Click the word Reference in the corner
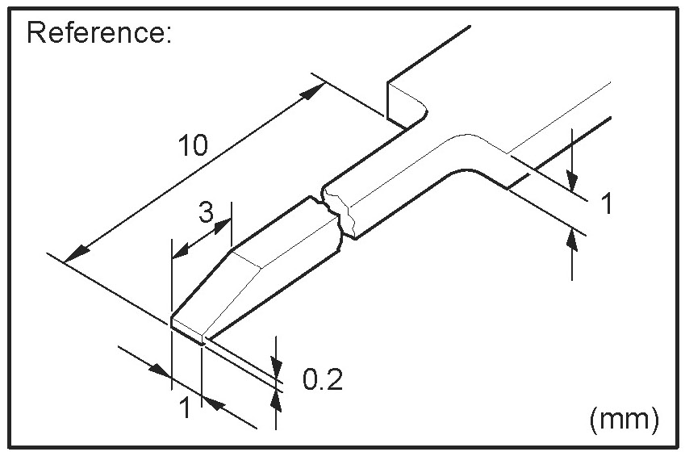coord(98,33)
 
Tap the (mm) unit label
coord(624,418)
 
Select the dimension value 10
coord(194,146)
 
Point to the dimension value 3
coord(206,214)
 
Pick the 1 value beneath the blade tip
coord(185,408)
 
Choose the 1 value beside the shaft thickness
coord(607,203)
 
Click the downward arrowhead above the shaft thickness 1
coord(572,178)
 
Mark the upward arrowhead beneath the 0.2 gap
coord(278,398)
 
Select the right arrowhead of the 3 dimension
coord(223,227)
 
